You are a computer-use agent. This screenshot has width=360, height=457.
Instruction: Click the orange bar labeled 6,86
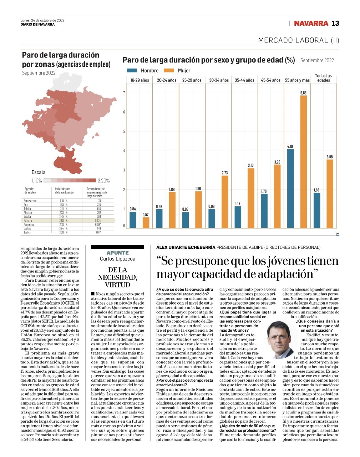(x=303, y=161)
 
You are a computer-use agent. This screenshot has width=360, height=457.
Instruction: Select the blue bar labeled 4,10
(x=290, y=188)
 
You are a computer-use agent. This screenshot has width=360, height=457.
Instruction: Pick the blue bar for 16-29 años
(x=133, y=220)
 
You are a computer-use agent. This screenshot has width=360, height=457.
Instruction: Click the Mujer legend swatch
(x=169, y=71)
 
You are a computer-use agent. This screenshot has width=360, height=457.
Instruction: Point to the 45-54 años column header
(x=270, y=80)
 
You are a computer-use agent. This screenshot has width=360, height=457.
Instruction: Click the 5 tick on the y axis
(x=124, y=131)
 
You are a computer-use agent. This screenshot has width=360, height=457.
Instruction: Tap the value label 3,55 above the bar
(x=329, y=157)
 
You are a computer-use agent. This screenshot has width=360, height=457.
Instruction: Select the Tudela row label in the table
(x=27, y=232)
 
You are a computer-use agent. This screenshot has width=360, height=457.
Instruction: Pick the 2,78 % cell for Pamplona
(x=64, y=225)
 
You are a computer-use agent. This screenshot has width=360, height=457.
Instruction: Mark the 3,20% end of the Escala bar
(x=103, y=181)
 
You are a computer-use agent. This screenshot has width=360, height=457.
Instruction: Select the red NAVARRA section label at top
(x=310, y=23)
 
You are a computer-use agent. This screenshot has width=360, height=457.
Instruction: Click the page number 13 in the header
(x=335, y=23)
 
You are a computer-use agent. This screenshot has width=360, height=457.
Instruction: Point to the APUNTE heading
(x=117, y=253)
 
